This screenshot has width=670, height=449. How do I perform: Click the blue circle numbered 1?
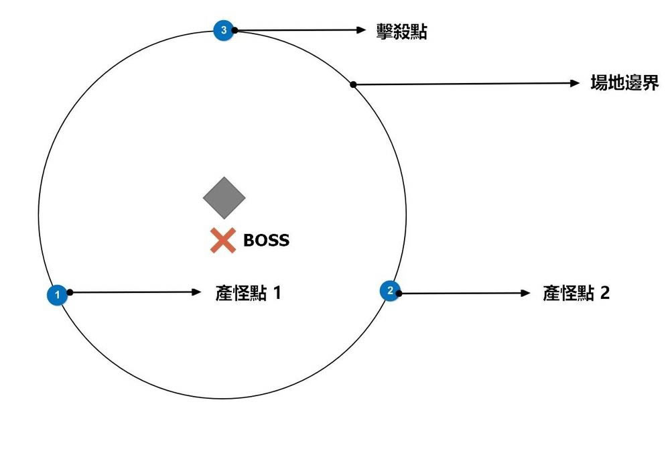click(x=58, y=295)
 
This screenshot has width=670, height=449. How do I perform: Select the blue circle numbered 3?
click(x=223, y=29)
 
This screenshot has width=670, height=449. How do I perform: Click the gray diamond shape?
click(x=224, y=197)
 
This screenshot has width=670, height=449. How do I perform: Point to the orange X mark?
click(x=222, y=241)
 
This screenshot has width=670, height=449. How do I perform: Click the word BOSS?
click(x=266, y=240)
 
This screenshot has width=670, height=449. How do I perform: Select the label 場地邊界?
click(x=624, y=84)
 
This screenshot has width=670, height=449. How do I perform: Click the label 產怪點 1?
click(x=248, y=293)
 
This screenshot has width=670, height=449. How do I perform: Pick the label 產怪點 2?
click(x=576, y=293)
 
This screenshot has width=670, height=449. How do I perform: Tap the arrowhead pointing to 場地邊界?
click(x=574, y=84)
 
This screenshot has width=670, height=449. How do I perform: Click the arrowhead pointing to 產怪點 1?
click(x=197, y=292)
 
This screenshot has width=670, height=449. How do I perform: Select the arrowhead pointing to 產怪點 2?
click(x=526, y=293)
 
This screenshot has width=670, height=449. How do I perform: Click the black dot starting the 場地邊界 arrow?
click(x=353, y=84)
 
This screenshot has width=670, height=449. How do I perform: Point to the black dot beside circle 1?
click(x=70, y=292)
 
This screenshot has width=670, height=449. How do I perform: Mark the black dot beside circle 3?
click(x=235, y=30)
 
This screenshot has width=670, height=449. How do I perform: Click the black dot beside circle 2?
click(x=401, y=292)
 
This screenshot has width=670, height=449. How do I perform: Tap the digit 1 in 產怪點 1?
click(x=276, y=293)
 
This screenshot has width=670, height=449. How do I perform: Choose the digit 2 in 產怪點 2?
click(x=605, y=293)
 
